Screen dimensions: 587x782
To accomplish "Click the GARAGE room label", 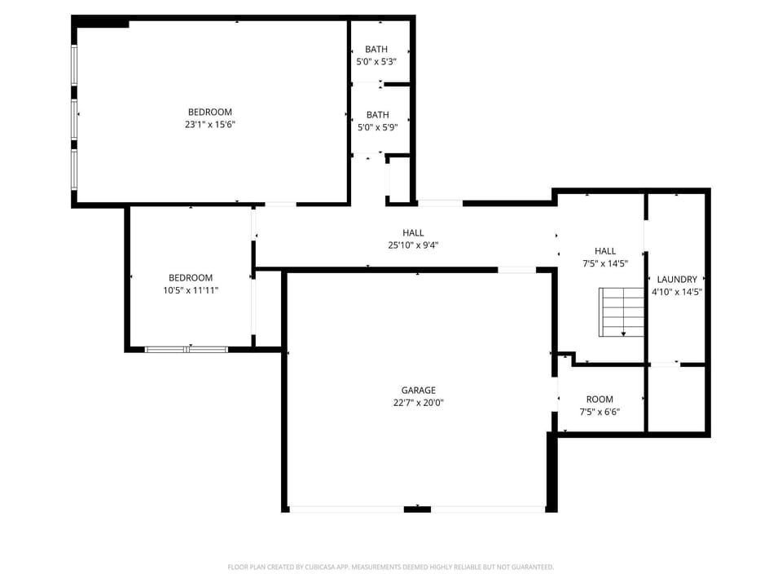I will tap(418, 390).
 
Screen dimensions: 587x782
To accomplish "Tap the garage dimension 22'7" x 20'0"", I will tap(418, 402).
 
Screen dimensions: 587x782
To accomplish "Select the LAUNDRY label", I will tap(677, 279).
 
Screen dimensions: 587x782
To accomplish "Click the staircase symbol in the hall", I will tap(622, 311).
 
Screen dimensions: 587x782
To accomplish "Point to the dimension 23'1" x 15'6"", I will tap(210, 125).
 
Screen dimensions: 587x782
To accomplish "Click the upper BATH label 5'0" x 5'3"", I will tap(376, 50).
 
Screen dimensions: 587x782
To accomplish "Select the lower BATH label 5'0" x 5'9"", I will tap(377, 115).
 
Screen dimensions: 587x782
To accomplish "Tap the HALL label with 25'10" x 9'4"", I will tap(413, 232).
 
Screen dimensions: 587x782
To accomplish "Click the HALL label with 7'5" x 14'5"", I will tap(605, 251).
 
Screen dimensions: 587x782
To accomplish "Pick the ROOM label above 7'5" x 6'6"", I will tap(600, 399).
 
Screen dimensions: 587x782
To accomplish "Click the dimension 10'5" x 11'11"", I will tap(191, 290).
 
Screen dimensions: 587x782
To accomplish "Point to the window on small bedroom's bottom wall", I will tap(187, 349).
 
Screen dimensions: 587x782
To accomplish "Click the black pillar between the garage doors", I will tap(417, 510).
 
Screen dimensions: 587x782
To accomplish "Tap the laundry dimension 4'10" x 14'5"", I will tap(677, 291).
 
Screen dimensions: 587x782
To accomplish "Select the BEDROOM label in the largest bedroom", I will tap(210, 112).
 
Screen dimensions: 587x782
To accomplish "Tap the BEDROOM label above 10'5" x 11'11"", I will tap(191, 277).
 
